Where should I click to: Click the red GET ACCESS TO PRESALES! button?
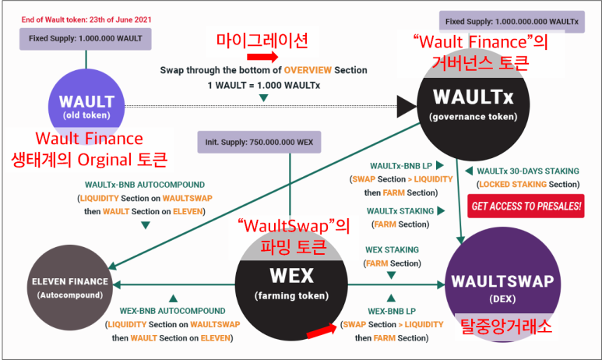click(526, 206)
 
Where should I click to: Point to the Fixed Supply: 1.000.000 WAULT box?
click(86, 38)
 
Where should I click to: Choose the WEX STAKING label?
click(392, 250)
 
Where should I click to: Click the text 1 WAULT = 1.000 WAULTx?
click(263, 83)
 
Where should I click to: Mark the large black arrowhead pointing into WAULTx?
click(407, 105)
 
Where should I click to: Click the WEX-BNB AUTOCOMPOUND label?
click(172, 311)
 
